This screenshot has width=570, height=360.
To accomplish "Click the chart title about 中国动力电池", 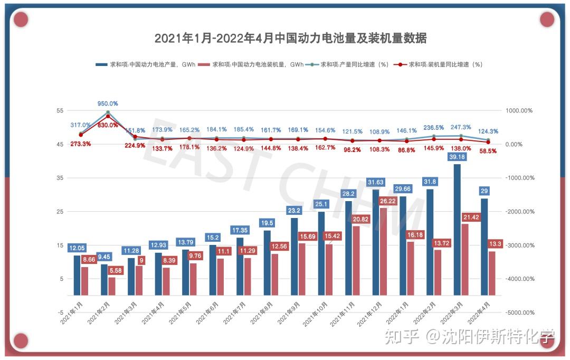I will [x=290, y=38].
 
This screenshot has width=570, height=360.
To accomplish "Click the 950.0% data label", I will [x=108, y=103].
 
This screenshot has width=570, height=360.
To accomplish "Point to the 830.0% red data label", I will [x=108, y=125].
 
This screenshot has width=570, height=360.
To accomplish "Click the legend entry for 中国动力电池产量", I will [x=146, y=64].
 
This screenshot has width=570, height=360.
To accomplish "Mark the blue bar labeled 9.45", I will [x=104, y=280].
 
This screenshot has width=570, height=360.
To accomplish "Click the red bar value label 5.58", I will [x=116, y=270].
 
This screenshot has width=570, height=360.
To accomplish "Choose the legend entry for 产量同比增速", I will [x=349, y=64].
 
